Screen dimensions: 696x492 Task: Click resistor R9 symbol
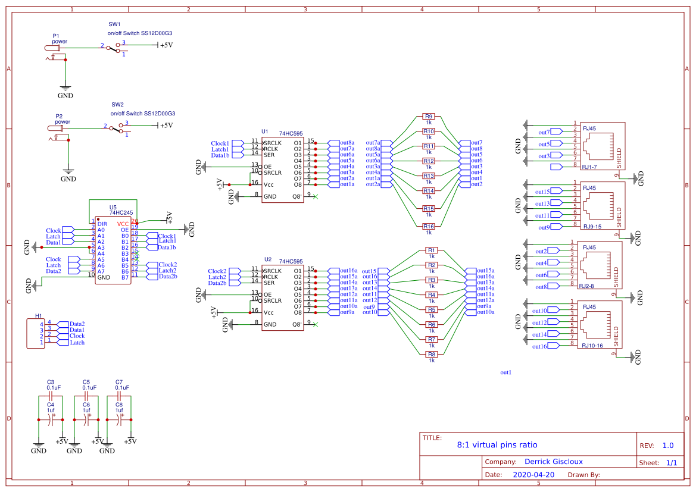pyautogui.click(x=428, y=117)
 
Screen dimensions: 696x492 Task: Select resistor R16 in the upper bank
pyautogui.click(x=428, y=226)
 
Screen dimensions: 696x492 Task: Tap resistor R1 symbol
pyautogui.click(x=432, y=250)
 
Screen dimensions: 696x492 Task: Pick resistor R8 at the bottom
pyautogui.click(x=432, y=354)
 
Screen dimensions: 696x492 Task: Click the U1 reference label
pyautogui.click(x=264, y=131)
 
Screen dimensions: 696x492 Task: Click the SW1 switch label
pyautogui.click(x=114, y=24)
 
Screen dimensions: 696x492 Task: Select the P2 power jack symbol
pyautogui.click(x=55, y=129)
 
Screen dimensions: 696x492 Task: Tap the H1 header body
pyautogui.click(x=36, y=333)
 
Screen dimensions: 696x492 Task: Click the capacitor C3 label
pyautogui.click(x=51, y=382)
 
